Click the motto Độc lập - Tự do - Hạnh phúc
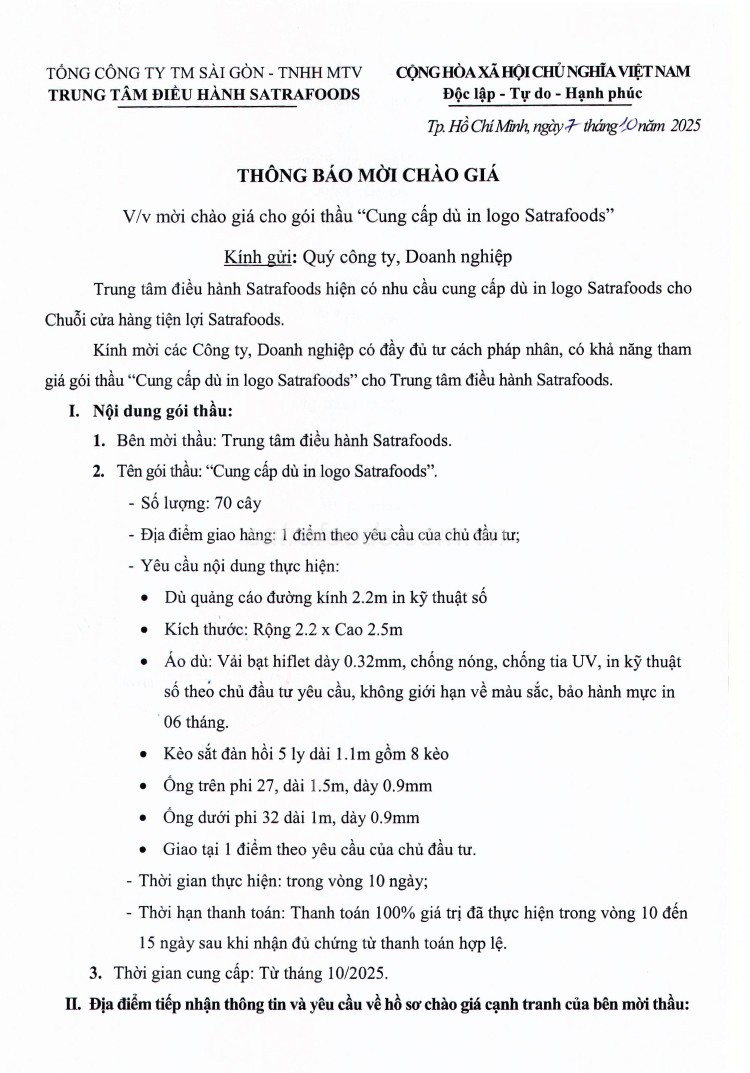coord(543,94)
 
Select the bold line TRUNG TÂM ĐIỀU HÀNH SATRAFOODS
coord(204,95)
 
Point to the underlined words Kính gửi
coord(257,256)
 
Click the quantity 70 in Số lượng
coord(223,503)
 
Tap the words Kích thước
coord(200,629)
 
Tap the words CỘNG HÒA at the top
coord(432,72)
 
